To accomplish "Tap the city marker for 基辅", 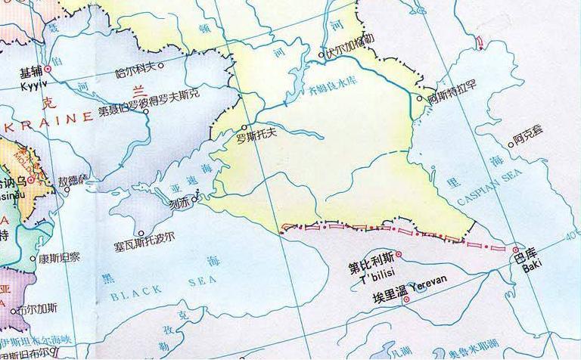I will (48, 69).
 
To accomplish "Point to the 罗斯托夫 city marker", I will (244, 128).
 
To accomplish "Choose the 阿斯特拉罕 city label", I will (452, 98).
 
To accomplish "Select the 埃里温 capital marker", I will (407, 299).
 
